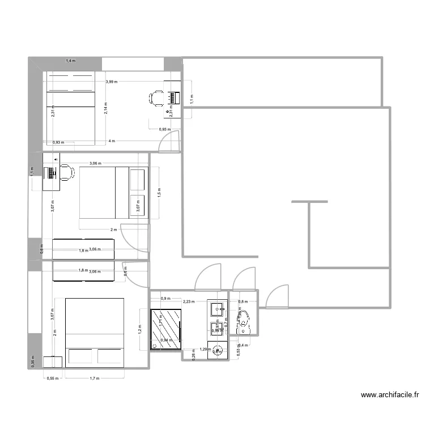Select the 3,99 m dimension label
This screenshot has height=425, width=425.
coord(111,82)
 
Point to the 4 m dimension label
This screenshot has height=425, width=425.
coord(112,141)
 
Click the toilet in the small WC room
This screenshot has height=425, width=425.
coord(244,324)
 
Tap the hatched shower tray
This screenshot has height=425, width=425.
coord(165,328)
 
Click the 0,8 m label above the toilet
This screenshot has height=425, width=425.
coord(243,302)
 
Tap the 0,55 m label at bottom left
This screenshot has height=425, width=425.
coord(52,377)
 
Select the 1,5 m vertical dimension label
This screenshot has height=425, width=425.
coord(159,192)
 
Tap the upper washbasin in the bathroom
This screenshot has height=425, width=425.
coord(217,308)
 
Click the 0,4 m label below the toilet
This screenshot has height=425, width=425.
coord(242,345)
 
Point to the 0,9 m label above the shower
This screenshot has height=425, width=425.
coord(166,299)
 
